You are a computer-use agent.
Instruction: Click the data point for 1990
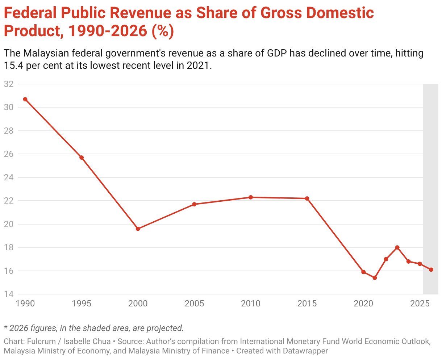click(25, 99)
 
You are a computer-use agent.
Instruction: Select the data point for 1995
click(82, 158)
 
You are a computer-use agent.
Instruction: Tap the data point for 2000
click(138, 229)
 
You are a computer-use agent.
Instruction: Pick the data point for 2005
click(194, 204)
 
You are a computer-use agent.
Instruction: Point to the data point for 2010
click(251, 197)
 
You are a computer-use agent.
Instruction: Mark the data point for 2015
click(307, 198)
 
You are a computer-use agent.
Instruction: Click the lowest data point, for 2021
click(375, 278)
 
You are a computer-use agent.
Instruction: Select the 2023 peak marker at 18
click(397, 247)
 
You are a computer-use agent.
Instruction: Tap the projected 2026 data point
click(431, 269)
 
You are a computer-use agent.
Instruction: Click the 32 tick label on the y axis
click(8, 84)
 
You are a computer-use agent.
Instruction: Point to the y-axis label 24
click(8, 177)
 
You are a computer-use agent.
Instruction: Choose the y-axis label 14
click(8, 294)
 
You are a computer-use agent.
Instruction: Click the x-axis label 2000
click(138, 304)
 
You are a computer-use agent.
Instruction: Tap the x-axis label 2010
click(251, 304)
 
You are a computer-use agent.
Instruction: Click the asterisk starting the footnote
click(5, 328)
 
